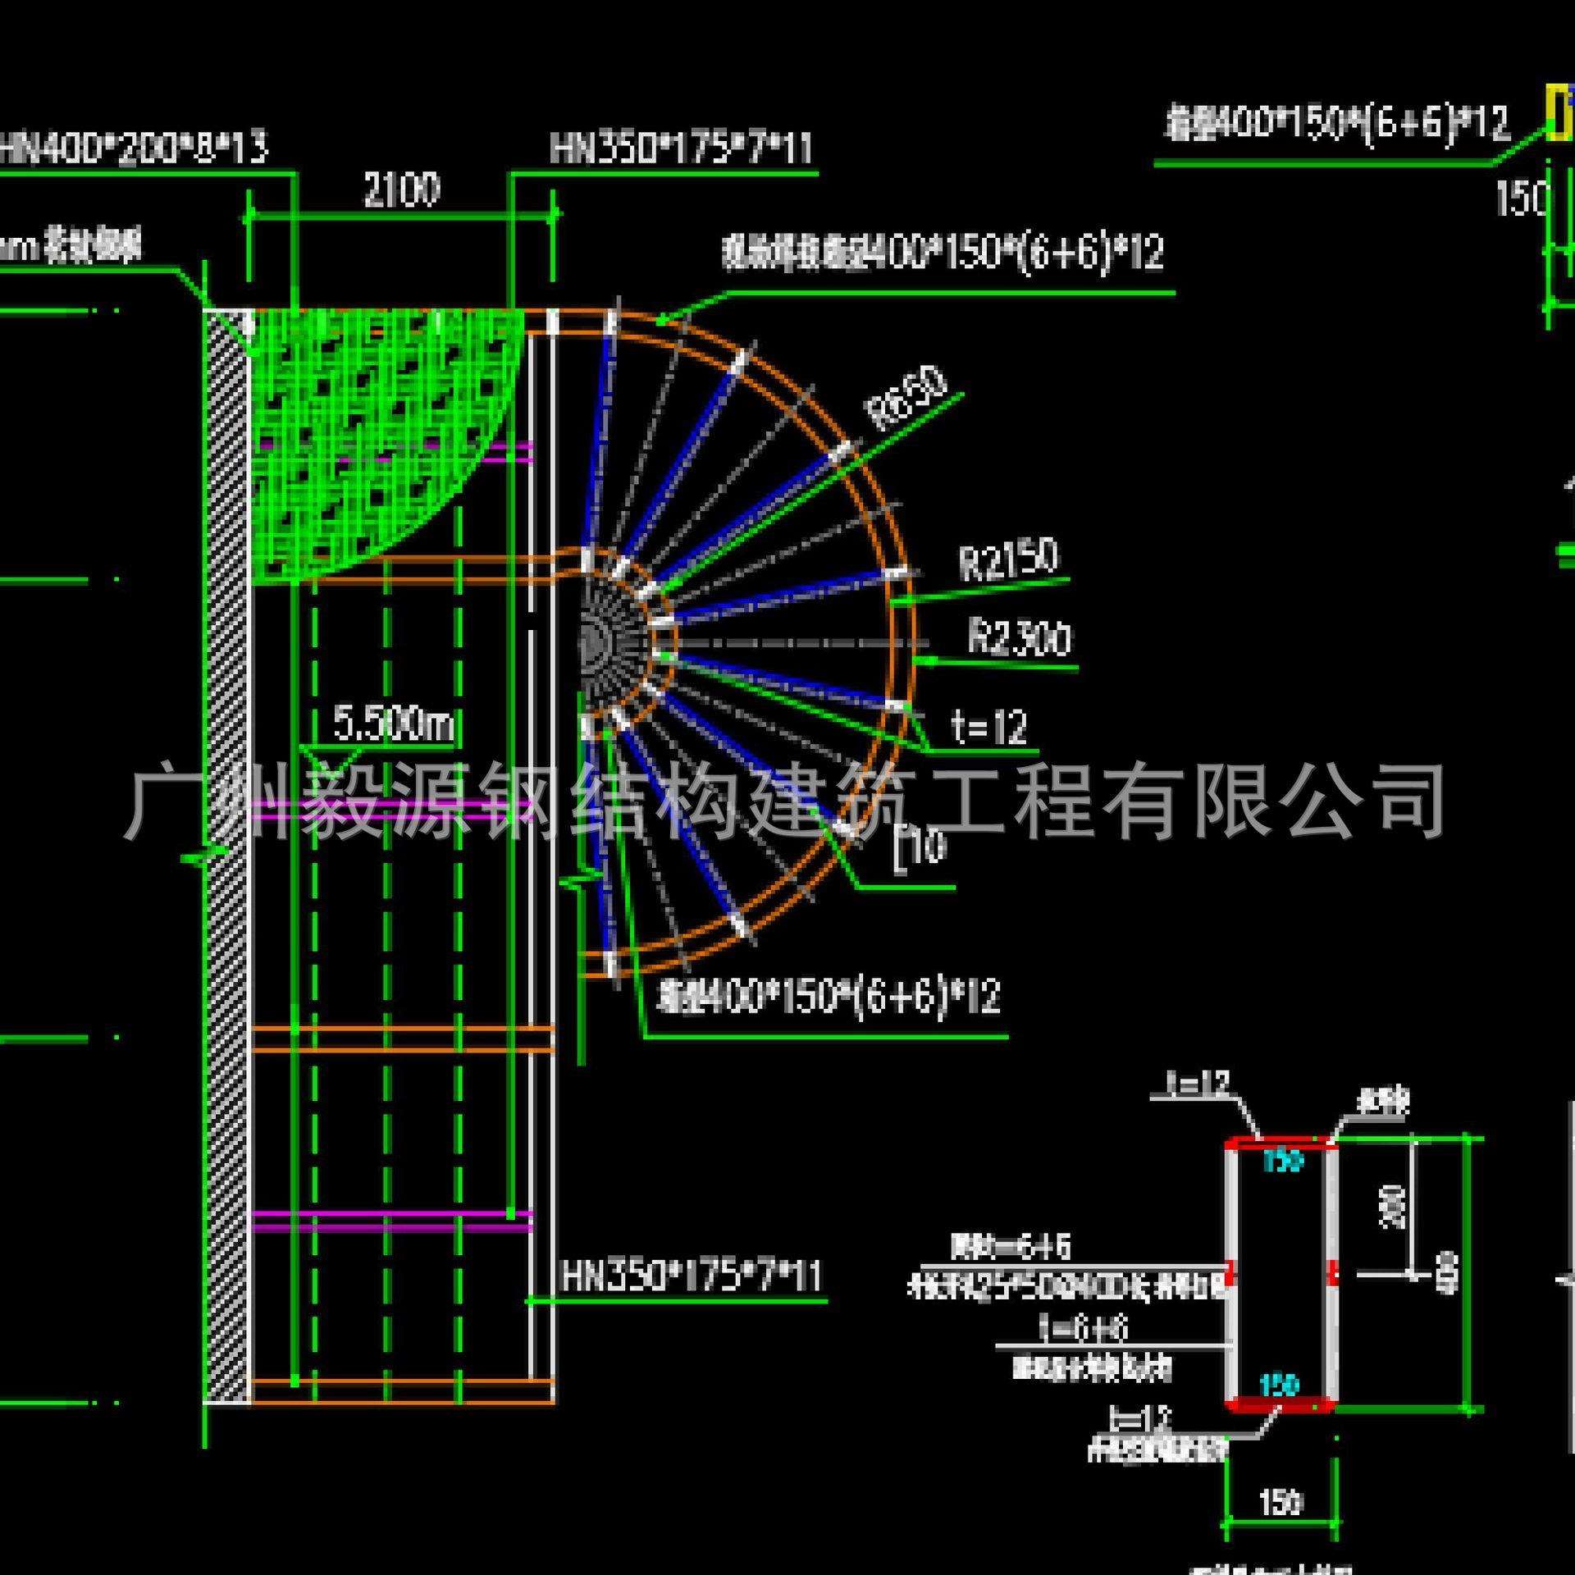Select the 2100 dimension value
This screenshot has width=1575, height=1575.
(x=401, y=190)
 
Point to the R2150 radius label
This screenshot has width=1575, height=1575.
(x=1008, y=560)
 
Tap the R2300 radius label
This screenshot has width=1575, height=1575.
(x=1020, y=638)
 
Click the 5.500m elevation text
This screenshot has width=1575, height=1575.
(x=393, y=724)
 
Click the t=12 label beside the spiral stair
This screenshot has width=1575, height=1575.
(x=988, y=727)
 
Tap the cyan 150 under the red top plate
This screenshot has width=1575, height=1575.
(x=1282, y=1161)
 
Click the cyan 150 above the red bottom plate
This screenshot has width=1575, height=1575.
(x=1279, y=1386)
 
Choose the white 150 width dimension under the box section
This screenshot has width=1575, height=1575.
(x=1280, y=1503)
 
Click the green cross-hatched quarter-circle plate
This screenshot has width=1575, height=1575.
(x=369, y=427)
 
